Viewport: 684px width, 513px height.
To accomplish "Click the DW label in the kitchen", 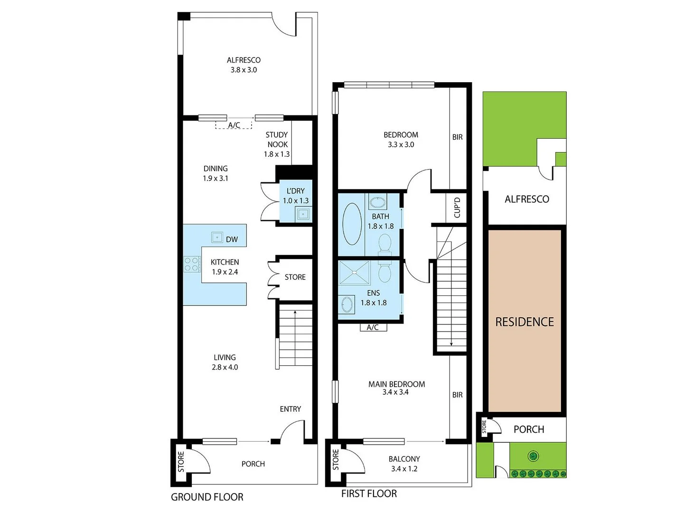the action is point(232,239).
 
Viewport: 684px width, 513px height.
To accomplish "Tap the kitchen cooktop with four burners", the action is point(192,264).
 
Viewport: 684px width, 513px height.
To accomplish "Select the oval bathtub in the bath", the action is point(352,224).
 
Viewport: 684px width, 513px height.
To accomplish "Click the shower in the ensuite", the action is point(355,273).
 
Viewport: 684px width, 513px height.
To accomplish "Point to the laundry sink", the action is point(303,214).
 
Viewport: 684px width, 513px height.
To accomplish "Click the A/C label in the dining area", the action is point(234,125).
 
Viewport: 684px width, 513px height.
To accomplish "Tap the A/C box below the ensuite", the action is point(373,327).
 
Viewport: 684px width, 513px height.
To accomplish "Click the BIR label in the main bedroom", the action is point(457,395).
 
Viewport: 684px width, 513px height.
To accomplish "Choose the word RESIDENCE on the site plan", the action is point(525,322).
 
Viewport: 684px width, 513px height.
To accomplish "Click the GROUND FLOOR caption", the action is point(207,497).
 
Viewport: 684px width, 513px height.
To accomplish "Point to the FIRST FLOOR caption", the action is point(369,494).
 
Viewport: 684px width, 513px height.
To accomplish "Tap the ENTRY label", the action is point(290,409).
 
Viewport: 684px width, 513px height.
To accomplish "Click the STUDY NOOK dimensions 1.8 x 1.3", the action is point(277,154).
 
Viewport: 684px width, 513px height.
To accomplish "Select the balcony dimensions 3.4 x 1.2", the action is point(404,469).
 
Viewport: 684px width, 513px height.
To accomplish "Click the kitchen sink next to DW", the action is point(217,237).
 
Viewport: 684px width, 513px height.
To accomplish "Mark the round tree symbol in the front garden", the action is point(533,456).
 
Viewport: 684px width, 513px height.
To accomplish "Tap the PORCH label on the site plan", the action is point(529,429).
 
